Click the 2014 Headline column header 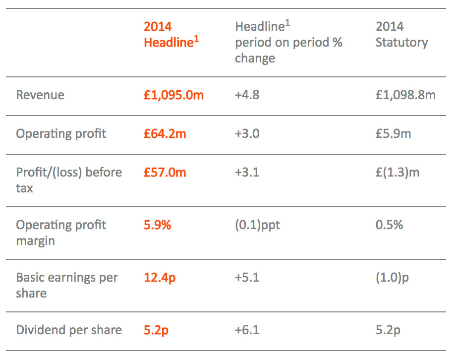tap(171, 34)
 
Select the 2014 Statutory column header tap(401, 34)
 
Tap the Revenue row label tap(40, 95)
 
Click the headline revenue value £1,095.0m tap(173, 95)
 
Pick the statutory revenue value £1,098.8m tap(405, 95)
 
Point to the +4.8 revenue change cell tap(247, 95)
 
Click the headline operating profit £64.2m tap(165, 134)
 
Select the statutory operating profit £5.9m tap(393, 134)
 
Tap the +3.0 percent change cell tap(247, 134)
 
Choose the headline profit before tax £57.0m tap(165, 173)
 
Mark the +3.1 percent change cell tap(247, 173)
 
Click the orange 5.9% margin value tap(157, 225)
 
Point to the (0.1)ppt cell tap(257, 225)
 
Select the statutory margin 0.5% tap(389, 225)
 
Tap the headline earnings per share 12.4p tap(160, 278)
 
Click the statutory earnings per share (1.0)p tap(392, 278)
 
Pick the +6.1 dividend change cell tap(247, 330)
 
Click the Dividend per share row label tap(69, 330)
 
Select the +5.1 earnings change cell tap(247, 278)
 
